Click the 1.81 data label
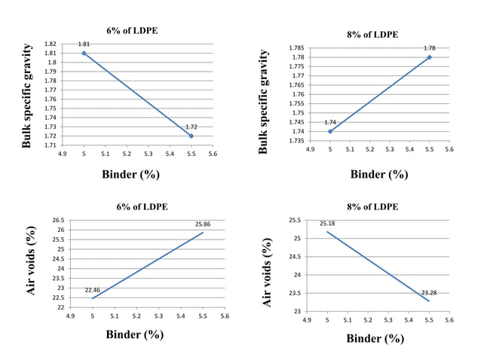click(x=84, y=44)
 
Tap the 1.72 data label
click(x=191, y=127)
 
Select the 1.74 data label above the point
click(x=330, y=122)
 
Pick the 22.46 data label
click(x=92, y=290)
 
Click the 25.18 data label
click(x=327, y=223)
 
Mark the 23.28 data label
click(x=430, y=293)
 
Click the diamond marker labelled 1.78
click(x=430, y=57)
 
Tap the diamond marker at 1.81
click(x=84, y=53)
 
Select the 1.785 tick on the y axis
click(x=296, y=48)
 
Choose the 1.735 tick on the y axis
click(x=296, y=141)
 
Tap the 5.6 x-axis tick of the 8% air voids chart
click(x=449, y=320)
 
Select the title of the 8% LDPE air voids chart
click(x=374, y=206)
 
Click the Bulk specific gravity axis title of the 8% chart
click(x=264, y=102)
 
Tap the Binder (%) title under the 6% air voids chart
click(x=134, y=334)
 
